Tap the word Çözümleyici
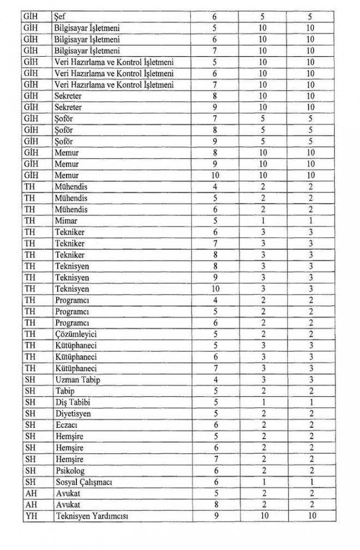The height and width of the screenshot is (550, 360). coord(75,333)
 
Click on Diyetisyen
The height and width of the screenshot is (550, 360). coord(73,414)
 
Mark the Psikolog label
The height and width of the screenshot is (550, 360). coord(69,470)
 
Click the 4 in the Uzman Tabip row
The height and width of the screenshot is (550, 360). coord(215,380)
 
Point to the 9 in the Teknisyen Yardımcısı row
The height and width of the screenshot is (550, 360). coord(215,516)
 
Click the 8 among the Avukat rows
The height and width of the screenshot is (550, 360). coord(215,505)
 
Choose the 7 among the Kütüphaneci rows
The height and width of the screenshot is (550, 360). coord(215,368)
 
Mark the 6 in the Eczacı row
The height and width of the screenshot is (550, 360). coord(215,425)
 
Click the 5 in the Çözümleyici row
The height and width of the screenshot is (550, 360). coord(215,333)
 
